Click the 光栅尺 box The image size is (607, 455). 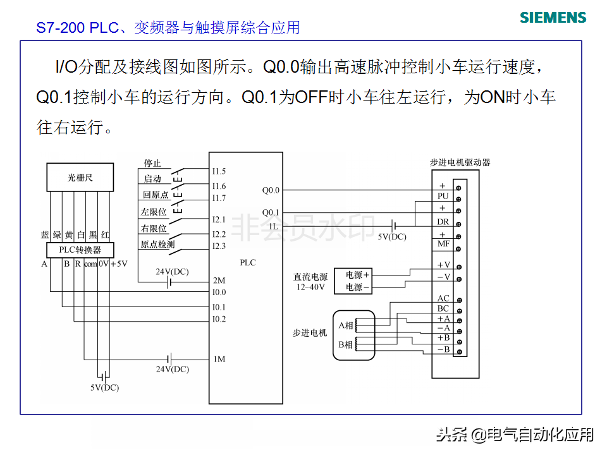click(80, 178)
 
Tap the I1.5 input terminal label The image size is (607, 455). click(219, 171)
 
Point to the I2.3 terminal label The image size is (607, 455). click(219, 246)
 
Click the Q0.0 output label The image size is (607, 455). click(271, 190)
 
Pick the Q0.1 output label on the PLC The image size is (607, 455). click(271, 212)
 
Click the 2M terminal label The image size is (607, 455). click(219, 280)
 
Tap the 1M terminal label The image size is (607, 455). click(219, 360)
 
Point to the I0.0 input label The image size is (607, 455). click(219, 292)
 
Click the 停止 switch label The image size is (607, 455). click(152, 164)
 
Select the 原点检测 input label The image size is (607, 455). click(157, 244)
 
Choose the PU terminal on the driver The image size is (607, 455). click(443, 197)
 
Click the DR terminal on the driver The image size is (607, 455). click(443, 222)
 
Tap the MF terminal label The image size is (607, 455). click(443, 244)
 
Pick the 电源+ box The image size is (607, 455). click(357, 275)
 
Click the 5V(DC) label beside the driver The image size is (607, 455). click(392, 236)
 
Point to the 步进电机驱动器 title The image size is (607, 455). click(460, 162)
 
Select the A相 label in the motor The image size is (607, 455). click(346, 325)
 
